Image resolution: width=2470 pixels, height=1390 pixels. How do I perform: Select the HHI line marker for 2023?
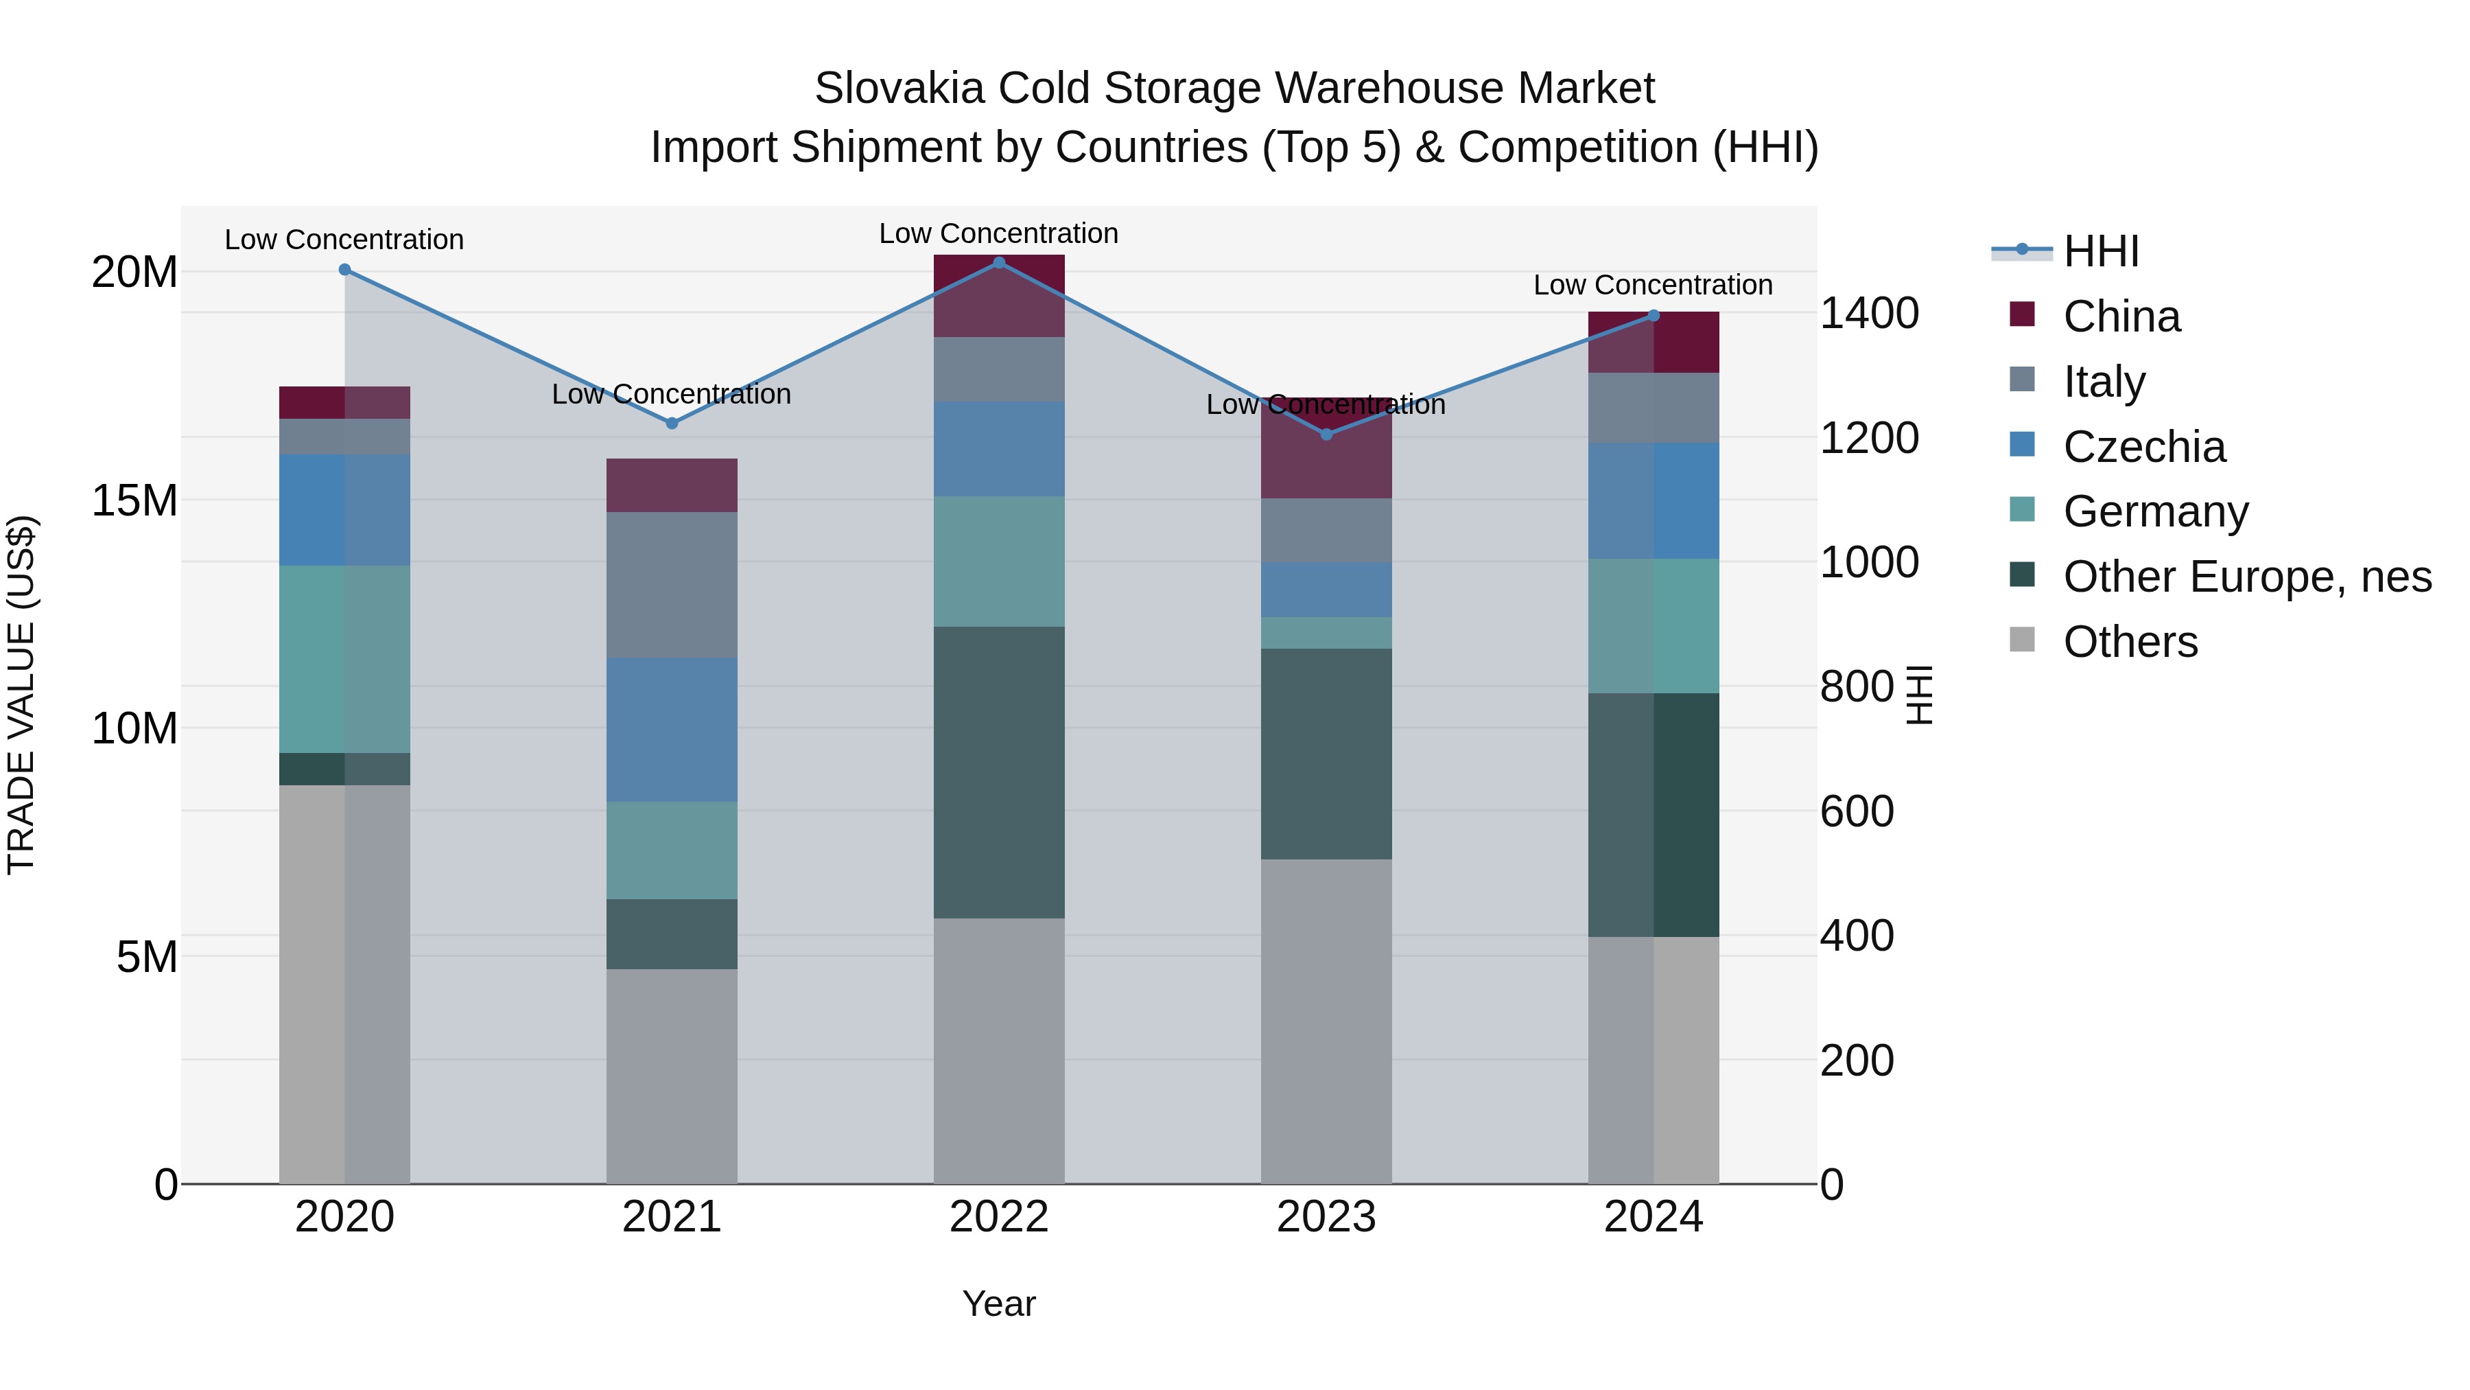[1326, 435]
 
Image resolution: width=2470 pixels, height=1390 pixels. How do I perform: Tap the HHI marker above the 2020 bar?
[344, 270]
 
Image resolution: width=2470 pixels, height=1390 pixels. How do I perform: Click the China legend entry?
[2121, 316]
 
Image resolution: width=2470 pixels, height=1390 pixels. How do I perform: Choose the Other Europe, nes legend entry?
[2246, 577]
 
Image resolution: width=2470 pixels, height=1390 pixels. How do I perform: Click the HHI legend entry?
[2100, 251]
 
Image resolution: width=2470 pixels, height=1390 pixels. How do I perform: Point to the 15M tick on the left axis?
[134, 500]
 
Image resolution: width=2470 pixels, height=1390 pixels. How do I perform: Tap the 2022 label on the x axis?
[998, 1217]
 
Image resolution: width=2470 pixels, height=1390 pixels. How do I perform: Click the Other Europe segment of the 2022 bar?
[998, 772]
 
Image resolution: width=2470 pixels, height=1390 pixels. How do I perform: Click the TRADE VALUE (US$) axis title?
[21, 695]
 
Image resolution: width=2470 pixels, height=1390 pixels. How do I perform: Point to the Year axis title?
[998, 1304]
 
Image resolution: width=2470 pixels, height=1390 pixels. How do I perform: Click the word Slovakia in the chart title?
[898, 89]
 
